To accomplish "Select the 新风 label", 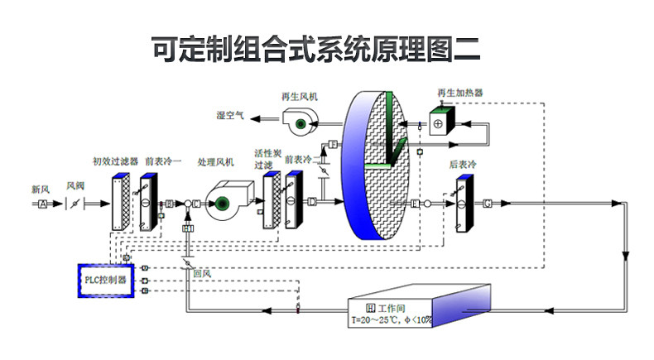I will [41, 190].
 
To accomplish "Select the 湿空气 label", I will [230, 115].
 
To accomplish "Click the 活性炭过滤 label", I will [264, 160].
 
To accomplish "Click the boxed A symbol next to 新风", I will [42, 203].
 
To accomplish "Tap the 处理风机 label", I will [216, 161].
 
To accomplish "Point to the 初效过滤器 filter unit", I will [118, 202].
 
